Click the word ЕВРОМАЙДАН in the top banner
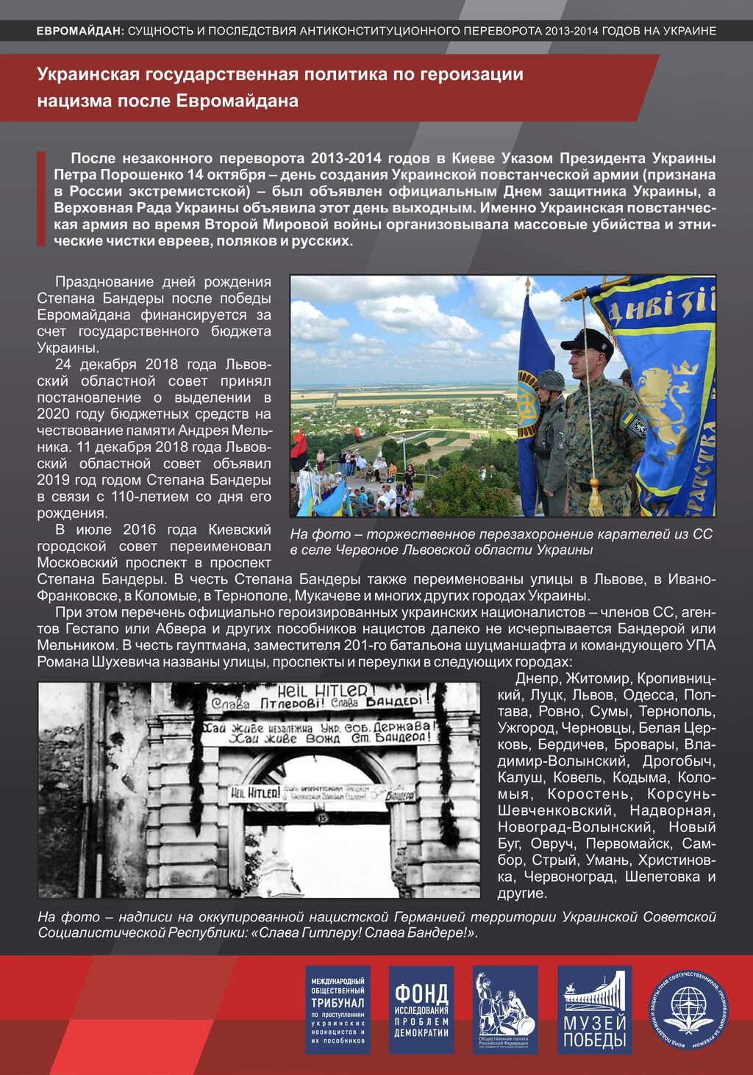point(79,31)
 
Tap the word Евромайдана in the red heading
point(237,101)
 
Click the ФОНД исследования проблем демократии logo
point(421,1010)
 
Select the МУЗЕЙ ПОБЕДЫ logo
point(594,1010)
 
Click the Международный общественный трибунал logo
point(338,1010)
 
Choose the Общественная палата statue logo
point(505,1010)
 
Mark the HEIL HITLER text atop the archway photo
point(316,691)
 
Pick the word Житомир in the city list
point(598,678)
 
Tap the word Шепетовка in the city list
point(662,876)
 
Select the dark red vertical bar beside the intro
point(41,198)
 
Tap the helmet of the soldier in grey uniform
point(550,380)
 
